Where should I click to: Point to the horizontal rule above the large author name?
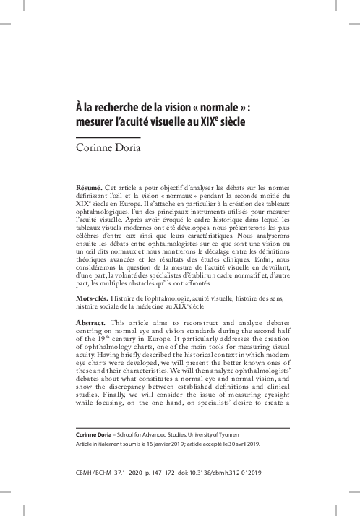[108, 137]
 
